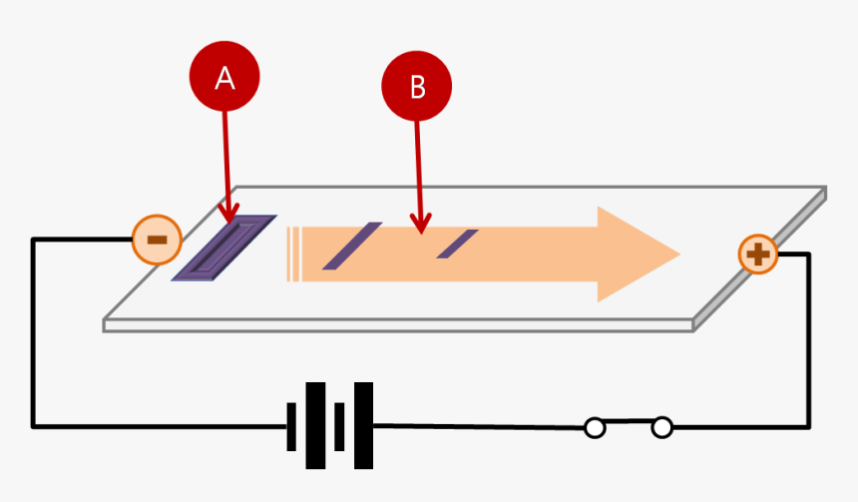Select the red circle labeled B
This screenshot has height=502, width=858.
417,88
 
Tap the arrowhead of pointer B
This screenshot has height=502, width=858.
421,229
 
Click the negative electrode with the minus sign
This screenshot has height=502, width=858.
157,240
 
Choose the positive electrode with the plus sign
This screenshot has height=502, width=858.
758,254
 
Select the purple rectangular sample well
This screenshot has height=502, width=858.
224,248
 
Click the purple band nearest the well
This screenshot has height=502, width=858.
351,246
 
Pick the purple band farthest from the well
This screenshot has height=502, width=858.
458,244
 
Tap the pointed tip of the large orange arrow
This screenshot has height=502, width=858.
677,254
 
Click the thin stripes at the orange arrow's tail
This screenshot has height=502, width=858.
293,254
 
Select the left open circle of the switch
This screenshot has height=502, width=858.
595,428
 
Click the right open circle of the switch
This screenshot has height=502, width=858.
661,428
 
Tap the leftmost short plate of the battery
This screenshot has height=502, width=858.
292,426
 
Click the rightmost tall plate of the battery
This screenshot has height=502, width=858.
363,426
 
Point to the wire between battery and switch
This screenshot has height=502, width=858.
479,426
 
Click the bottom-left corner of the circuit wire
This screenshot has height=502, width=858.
34,426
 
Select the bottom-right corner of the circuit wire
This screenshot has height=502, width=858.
808,427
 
